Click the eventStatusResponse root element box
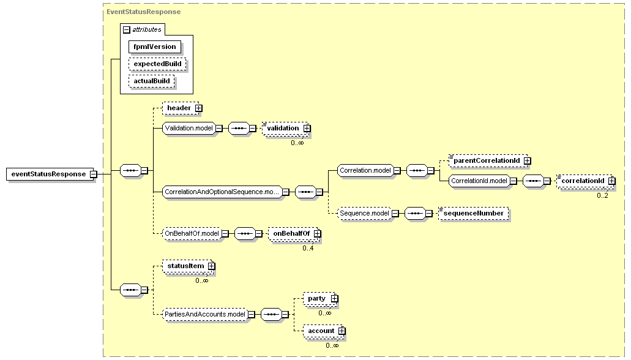(50, 174)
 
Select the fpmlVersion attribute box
(154, 47)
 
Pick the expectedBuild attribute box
(157, 64)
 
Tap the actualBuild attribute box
(151, 81)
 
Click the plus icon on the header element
(198, 108)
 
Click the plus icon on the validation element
(307, 129)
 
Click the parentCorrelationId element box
(488, 160)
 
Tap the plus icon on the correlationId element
(611, 181)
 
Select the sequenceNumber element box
(473, 214)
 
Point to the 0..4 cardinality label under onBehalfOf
(308, 248)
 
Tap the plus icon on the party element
(334, 299)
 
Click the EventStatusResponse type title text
(144, 12)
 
